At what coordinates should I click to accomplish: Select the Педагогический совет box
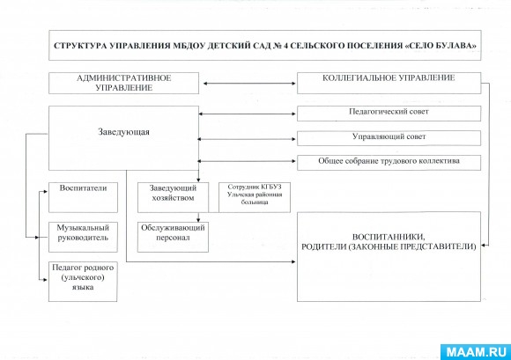[x=389, y=114]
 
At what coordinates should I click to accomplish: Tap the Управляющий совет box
[x=389, y=138]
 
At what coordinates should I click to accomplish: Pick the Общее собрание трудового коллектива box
[x=389, y=162]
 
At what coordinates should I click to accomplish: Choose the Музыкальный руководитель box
[x=83, y=232]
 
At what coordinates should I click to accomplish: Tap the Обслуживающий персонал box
[x=173, y=234]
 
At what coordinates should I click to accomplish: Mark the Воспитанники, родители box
[x=389, y=242]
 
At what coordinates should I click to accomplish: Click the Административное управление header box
[x=123, y=84]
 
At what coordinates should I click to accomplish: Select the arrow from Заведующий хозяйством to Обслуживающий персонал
[x=174, y=213]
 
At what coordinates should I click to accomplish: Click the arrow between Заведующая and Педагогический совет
[x=248, y=114]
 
